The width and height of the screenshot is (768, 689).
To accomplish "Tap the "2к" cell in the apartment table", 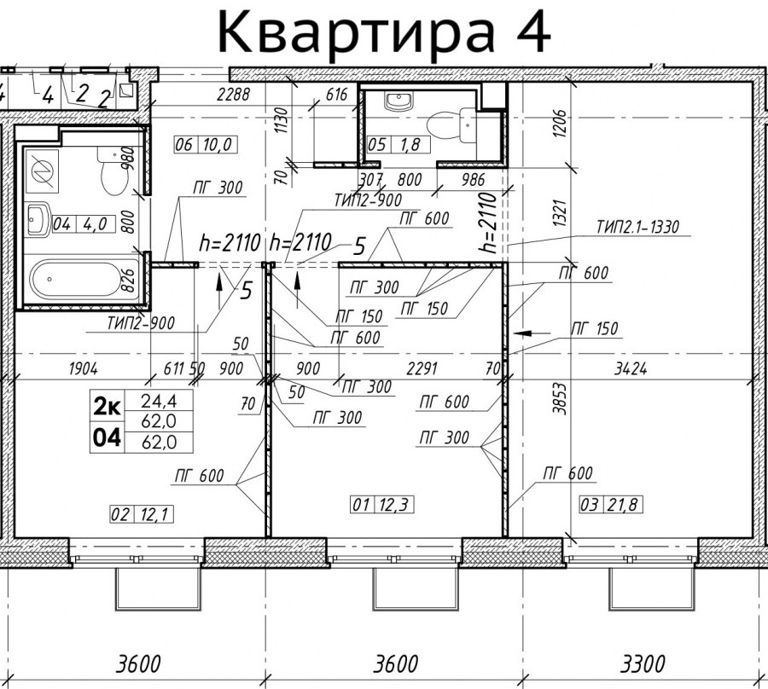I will pos(107,408).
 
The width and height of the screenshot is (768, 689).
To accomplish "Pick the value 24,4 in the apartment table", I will pos(159,399).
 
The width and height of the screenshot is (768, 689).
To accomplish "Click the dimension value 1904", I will pos(82,369).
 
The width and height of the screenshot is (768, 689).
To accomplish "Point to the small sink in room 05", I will pos(397,102).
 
